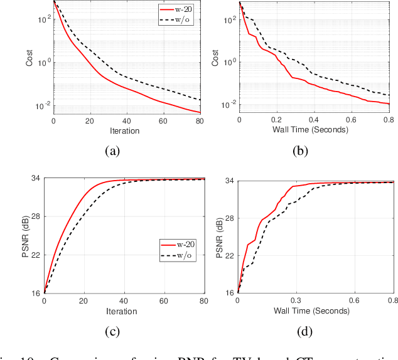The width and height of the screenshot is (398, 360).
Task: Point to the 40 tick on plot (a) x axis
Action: tap(127, 121)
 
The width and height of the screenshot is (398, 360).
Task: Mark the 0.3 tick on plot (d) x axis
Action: tap(296, 300)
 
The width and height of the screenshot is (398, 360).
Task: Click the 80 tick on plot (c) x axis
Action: tap(203, 302)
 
